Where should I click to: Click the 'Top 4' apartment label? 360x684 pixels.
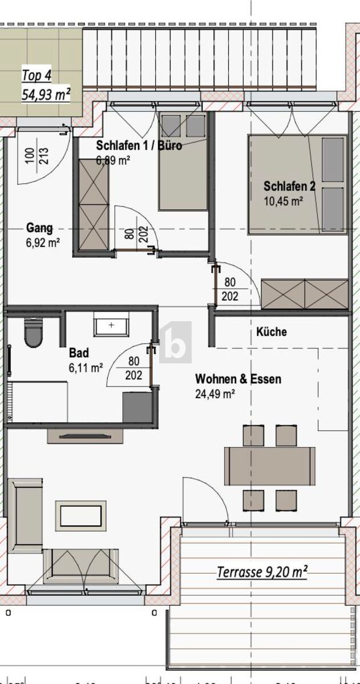click(x=36, y=75)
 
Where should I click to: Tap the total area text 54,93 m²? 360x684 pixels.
click(x=46, y=94)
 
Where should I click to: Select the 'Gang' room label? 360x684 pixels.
click(x=39, y=228)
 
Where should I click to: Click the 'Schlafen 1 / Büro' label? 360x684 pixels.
click(x=139, y=145)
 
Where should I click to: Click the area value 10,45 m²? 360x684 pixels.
click(x=283, y=200)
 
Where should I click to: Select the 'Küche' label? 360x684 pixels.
click(x=272, y=332)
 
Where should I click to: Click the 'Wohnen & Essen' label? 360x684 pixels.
click(x=238, y=379)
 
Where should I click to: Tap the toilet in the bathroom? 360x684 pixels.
click(x=34, y=333)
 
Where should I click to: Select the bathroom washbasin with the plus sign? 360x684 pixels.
click(x=111, y=326)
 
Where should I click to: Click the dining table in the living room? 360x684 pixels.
click(x=269, y=464)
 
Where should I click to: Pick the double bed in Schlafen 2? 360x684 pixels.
click(x=297, y=184)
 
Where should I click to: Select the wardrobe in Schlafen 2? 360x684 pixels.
click(x=305, y=294)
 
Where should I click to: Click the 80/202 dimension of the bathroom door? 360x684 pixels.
click(x=134, y=369)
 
